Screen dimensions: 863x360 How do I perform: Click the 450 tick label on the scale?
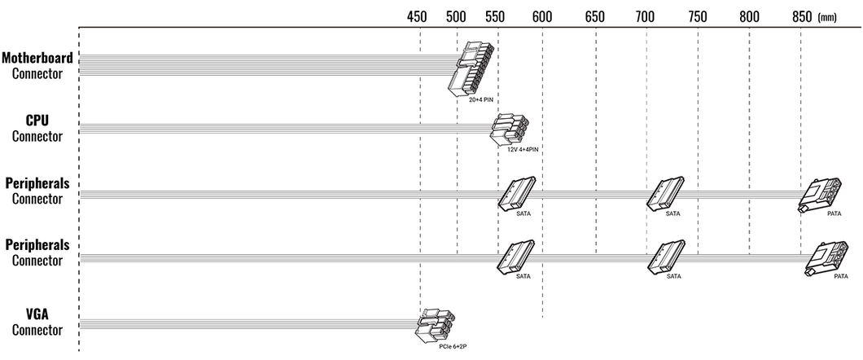(417, 17)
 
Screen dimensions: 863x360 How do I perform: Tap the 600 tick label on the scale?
(543, 17)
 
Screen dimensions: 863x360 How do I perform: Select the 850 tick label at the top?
(802, 17)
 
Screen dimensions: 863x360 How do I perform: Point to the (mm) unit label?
(827, 18)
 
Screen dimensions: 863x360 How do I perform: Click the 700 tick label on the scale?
(646, 17)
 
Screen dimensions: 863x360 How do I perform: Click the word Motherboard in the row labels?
(37, 58)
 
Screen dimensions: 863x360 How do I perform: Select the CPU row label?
(37, 121)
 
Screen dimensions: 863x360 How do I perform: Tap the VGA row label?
(37, 314)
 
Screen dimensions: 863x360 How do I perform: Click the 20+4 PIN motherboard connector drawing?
(471, 68)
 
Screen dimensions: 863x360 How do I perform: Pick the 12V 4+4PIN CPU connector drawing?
(510, 130)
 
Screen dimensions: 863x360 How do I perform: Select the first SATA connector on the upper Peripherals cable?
(516, 193)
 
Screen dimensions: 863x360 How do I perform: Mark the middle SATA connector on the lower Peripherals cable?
(667, 256)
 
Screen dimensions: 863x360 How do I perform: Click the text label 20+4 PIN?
(481, 101)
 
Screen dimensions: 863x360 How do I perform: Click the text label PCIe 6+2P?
(453, 346)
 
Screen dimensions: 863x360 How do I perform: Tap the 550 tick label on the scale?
(495, 17)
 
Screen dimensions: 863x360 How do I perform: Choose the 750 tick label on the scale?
(698, 17)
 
